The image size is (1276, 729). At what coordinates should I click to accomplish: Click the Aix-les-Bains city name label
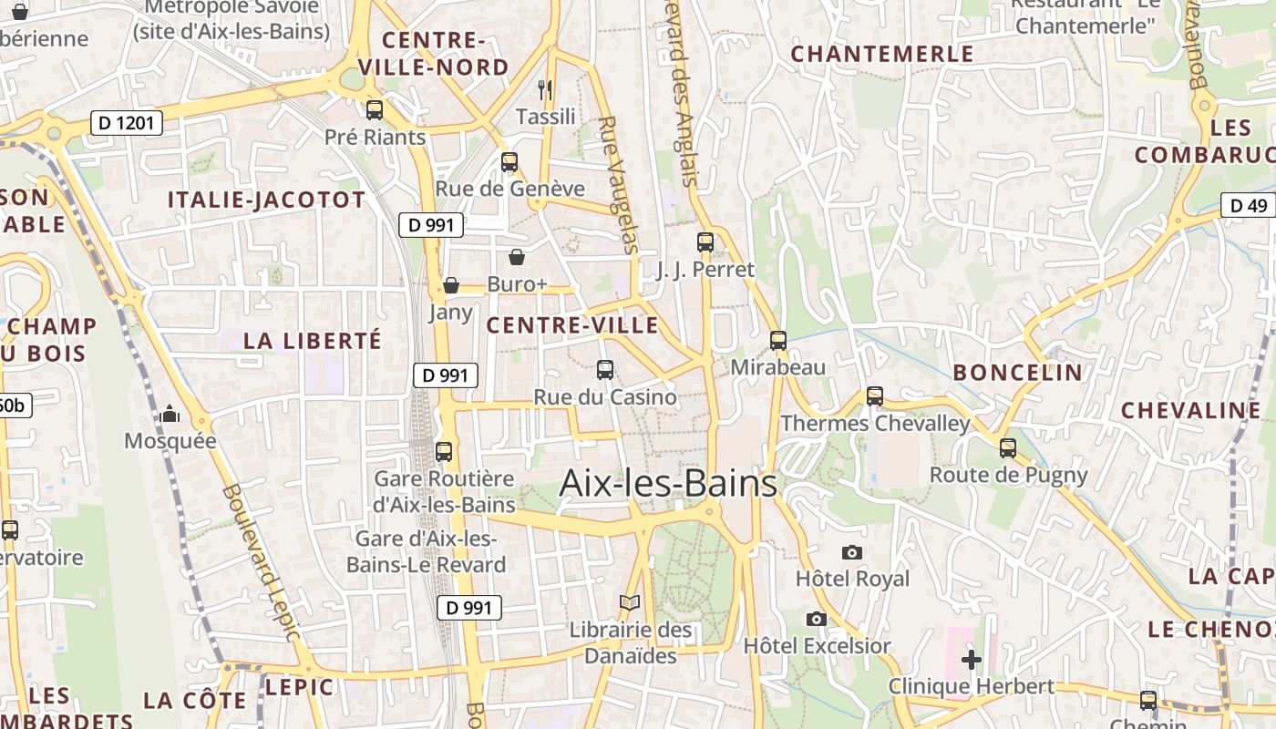point(668,483)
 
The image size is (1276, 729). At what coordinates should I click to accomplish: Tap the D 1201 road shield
point(127,123)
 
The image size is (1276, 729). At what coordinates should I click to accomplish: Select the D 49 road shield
point(1248,205)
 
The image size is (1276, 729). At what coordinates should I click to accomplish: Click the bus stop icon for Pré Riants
point(375,110)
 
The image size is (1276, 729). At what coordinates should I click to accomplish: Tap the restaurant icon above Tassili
point(545,89)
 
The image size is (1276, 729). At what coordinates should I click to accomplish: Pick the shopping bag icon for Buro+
point(517,257)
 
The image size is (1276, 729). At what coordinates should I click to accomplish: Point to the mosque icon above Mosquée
point(170,415)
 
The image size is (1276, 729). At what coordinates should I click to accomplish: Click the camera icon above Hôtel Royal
point(852,552)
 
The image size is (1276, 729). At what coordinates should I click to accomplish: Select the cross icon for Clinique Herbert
point(972,659)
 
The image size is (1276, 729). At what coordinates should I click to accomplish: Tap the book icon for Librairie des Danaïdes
point(630,602)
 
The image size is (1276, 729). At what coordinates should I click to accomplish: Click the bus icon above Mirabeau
point(778,340)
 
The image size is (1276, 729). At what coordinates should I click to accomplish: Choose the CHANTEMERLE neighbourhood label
point(882,54)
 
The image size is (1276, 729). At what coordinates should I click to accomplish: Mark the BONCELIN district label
point(1018,372)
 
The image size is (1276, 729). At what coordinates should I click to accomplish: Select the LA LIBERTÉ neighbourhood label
point(313,341)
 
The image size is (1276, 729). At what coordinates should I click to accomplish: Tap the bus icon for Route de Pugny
point(1008,447)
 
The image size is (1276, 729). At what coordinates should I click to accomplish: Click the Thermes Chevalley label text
point(876,424)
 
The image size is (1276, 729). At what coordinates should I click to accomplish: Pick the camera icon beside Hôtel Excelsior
point(817,619)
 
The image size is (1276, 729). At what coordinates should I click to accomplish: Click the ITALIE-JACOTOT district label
point(266,200)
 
